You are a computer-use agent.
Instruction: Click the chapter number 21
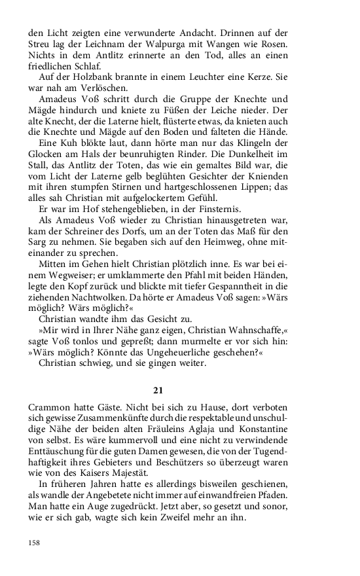point(157,391)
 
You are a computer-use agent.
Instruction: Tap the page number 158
point(35,543)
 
